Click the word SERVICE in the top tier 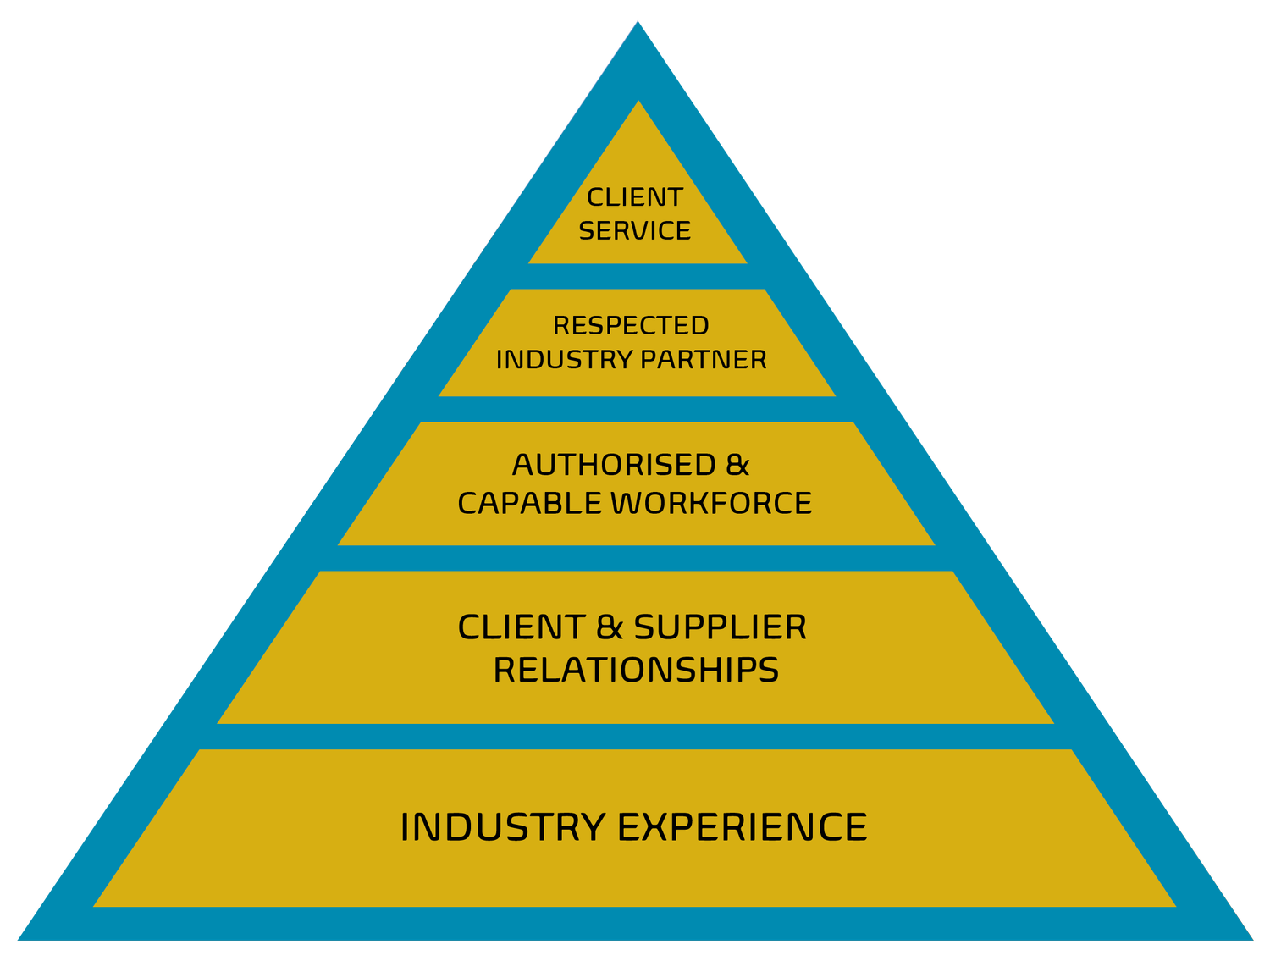click(635, 230)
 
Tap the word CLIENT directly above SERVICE click(635, 197)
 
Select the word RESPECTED click(631, 325)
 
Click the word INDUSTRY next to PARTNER click(564, 359)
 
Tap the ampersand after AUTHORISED click(737, 465)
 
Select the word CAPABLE click(530, 503)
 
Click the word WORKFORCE click(711, 503)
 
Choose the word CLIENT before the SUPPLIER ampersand click(521, 627)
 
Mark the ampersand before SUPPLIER click(610, 627)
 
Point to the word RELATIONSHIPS click(636, 670)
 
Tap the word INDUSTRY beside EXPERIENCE click(502, 827)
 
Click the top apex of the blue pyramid click(638, 24)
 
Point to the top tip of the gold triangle click(638, 103)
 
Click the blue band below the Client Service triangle click(638, 276)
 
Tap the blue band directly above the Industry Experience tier click(636, 737)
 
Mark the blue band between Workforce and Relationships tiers click(636, 558)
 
